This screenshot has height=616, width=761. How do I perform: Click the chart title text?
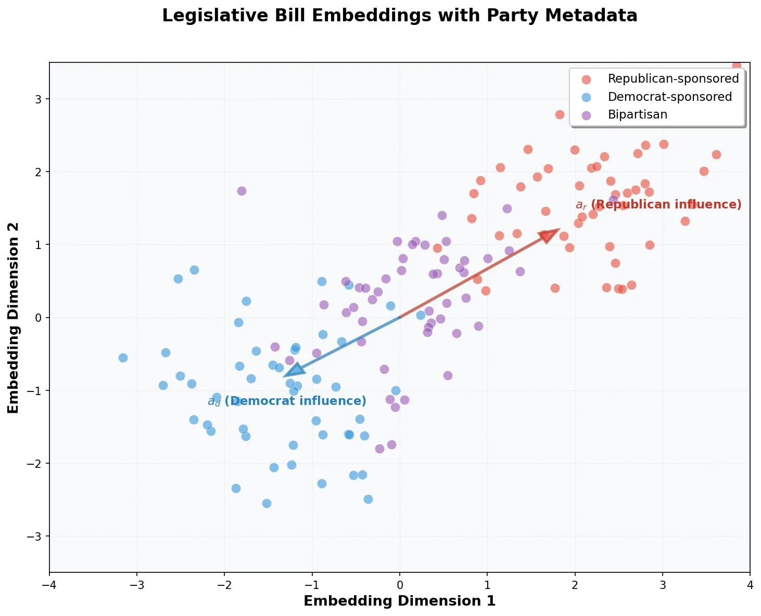(x=399, y=16)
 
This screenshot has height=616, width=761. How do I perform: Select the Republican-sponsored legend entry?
(x=673, y=78)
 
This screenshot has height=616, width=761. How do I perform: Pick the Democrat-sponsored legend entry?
(x=669, y=97)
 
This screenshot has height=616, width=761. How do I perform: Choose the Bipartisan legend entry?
(x=637, y=114)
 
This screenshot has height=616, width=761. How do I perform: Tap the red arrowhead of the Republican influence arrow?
(x=549, y=234)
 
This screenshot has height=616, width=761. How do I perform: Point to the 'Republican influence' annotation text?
(x=658, y=204)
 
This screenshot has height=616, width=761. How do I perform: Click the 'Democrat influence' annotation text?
(x=287, y=401)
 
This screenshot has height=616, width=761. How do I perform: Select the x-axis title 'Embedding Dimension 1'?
(x=399, y=601)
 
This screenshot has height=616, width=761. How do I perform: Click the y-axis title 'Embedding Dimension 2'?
(x=14, y=318)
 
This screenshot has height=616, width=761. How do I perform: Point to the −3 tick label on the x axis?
(x=137, y=584)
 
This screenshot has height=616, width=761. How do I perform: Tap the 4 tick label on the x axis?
(x=750, y=584)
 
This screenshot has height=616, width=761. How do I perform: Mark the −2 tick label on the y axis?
(x=36, y=463)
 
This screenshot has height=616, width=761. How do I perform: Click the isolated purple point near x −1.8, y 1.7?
(x=242, y=191)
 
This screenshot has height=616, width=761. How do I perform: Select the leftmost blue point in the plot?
(x=123, y=358)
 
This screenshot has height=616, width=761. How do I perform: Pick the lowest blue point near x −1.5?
(x=267, y=503)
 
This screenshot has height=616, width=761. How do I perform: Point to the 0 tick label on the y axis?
(x=40, y=318)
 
